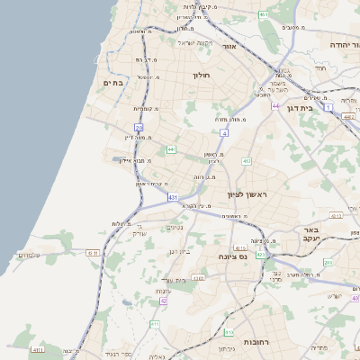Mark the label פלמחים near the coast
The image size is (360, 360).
(x=28, y=256)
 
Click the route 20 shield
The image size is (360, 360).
(x=139, y=128)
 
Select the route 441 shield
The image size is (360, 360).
(x=171, y=149)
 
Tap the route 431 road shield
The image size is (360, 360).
(x=172, y=196)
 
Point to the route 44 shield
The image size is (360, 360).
(x=275, y=106)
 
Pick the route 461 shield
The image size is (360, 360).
(x=263, y=15)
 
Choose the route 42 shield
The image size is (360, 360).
(x=164, y=301)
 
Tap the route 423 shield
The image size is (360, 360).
(x=260, y=256)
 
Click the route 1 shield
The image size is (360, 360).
(x=328, y=108)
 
